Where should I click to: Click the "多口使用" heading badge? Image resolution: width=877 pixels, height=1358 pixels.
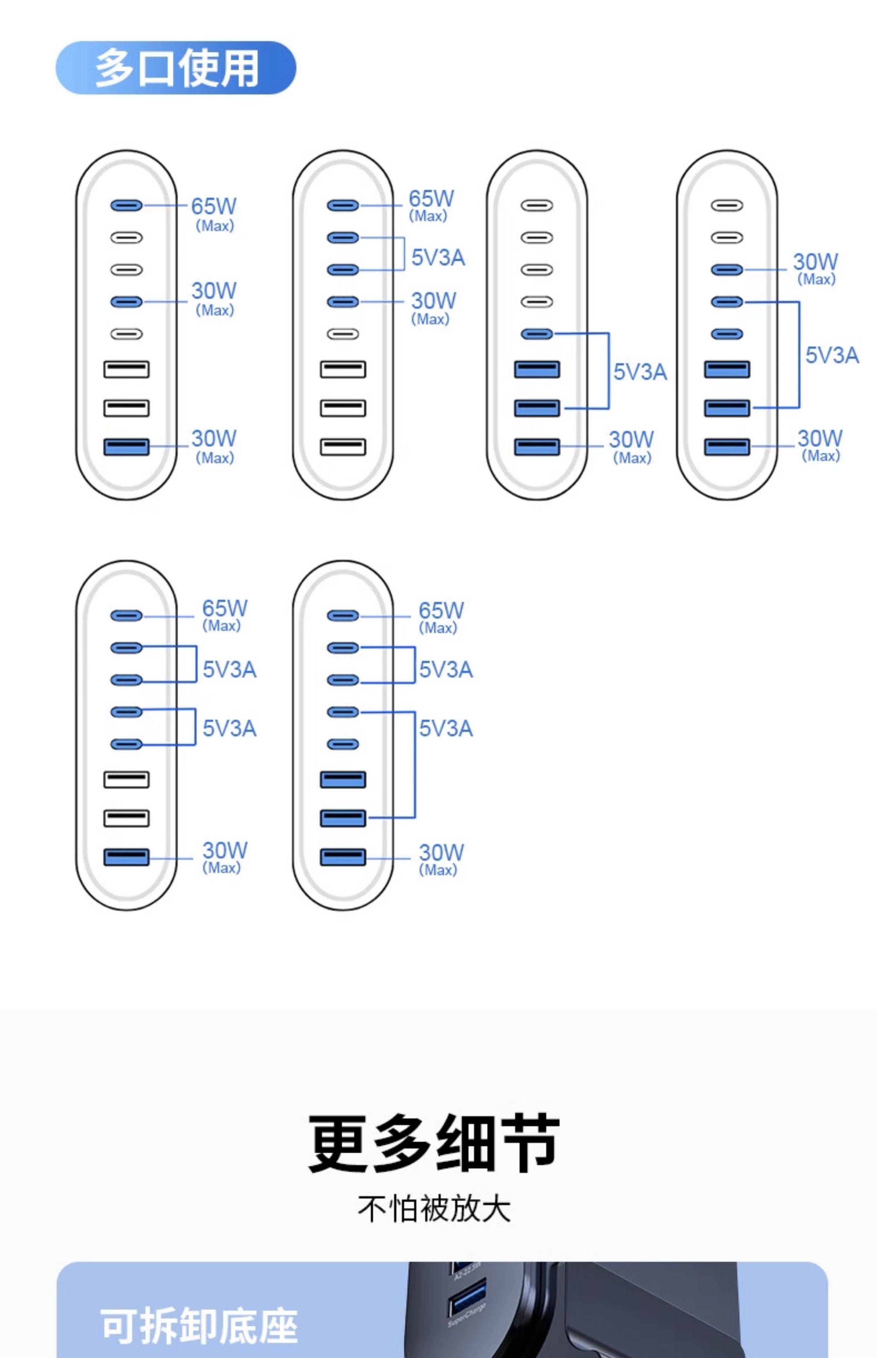pos(175,68)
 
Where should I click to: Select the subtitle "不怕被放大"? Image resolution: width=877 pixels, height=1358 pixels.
pos(434,1209)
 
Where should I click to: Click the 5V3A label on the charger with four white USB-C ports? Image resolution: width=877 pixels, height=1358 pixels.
pos(639,372)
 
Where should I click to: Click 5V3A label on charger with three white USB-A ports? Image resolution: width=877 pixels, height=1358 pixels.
pos(438,258)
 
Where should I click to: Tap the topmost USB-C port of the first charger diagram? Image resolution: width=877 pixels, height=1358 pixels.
pos(127,205)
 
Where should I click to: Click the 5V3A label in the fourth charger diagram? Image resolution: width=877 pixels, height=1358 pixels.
pos(831,355)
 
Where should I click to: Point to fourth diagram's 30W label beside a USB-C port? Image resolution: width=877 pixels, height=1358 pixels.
pos(815,262)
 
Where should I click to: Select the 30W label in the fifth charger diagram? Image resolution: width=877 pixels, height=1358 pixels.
pos(224,851)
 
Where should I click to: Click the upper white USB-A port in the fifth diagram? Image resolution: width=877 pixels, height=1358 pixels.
pos(127,779)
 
